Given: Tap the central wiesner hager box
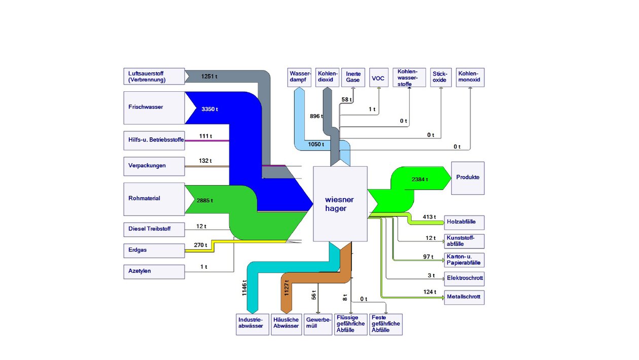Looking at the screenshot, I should click(340, 204).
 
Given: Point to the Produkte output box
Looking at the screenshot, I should click(468, 178).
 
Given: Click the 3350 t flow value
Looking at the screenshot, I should click(210, 109).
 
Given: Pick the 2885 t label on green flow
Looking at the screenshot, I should click(205, 201).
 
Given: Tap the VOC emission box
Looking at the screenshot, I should click(379, 78).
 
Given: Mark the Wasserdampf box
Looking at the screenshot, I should click(299, 77).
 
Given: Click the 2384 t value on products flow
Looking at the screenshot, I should click(420, 179).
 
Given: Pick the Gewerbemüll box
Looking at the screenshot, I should click(317, 324).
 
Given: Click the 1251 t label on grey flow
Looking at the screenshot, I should click(209, 77).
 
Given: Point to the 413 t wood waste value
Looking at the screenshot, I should click(429, 217).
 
